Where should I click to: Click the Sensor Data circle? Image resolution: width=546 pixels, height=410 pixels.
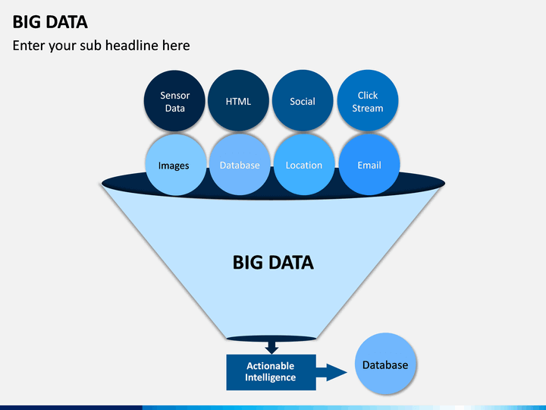click(174, 101)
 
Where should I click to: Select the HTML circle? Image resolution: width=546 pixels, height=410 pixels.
click(239, 101)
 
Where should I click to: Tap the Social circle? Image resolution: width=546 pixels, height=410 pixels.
click(303, 101)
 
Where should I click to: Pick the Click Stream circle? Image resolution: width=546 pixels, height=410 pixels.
click(368, 101)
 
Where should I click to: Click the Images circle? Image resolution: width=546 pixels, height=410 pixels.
click(175, 165)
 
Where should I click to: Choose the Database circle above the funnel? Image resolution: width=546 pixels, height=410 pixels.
click(240, 165)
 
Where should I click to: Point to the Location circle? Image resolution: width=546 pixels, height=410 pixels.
click(304, 165)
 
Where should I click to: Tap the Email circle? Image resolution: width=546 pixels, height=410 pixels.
click(369, 165)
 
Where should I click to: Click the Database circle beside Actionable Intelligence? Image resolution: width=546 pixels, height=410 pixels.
click(385, 364)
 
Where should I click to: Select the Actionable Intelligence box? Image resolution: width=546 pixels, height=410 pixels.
click(271, 372)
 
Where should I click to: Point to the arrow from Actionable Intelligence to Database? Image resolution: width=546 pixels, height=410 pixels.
click(331, 372)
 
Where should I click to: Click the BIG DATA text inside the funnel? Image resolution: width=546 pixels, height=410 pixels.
click(273, 263)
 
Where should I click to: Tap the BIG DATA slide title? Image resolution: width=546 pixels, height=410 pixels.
click(50, 22)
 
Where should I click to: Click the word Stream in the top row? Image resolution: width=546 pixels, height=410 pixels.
click(368, 108)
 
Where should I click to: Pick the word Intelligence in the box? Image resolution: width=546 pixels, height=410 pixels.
click(271, 377)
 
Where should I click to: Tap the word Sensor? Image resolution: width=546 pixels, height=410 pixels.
click(175, 95)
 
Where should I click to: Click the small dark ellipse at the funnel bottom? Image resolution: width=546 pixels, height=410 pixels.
click(271, 339)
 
